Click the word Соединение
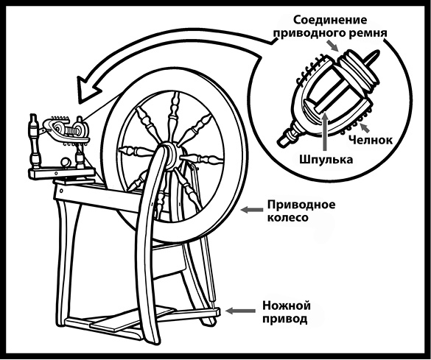click(x=330, y=20)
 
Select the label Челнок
click(x=371, y=140)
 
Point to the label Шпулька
click(x=326, y=159)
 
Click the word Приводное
click(x=301, y=205)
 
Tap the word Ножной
click(x=287, y=306)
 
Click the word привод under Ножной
click(x=285, y=319)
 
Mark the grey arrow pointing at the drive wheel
click(x=251, y=210)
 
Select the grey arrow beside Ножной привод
click(x=240, y=311)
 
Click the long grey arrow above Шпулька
click(x=325, y=131)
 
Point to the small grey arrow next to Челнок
click(x=365, y=127)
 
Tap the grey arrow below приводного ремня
click(x=334, y=46)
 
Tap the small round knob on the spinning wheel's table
click(x=66, y=162)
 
